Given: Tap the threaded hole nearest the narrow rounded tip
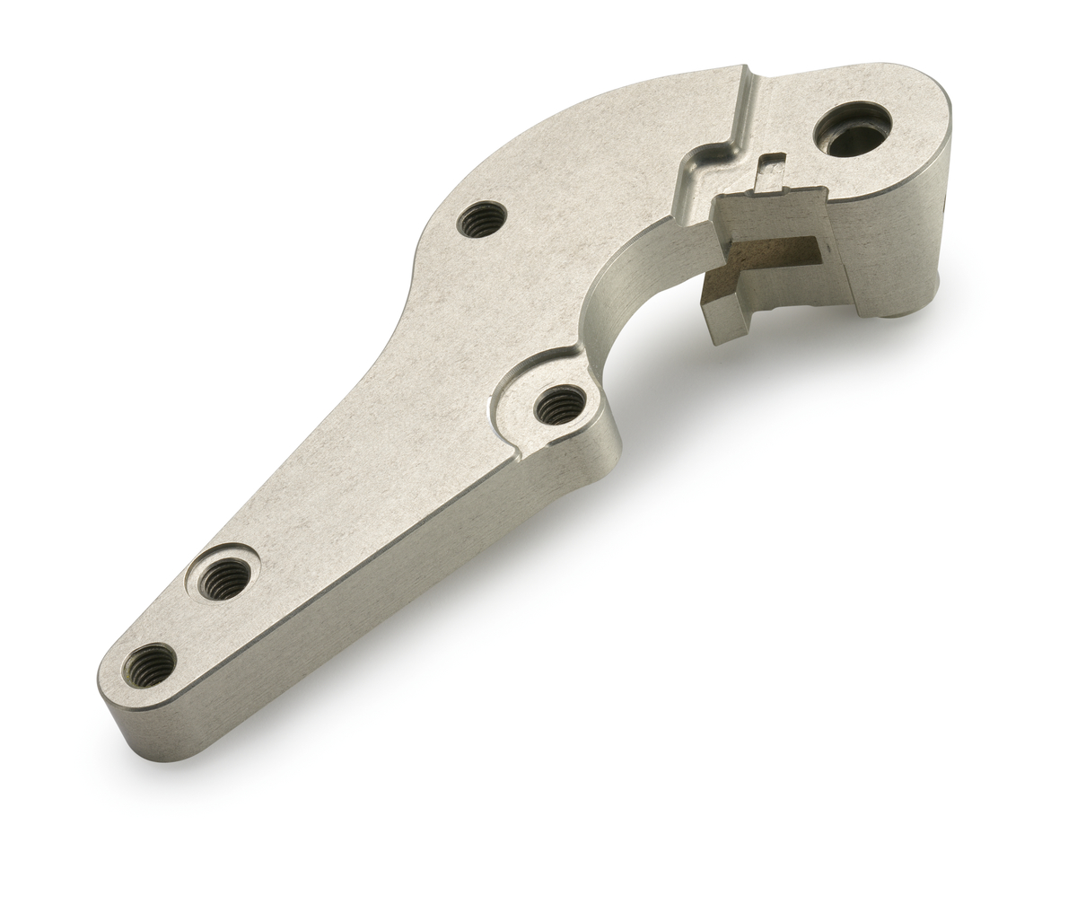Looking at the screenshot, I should point(149,665).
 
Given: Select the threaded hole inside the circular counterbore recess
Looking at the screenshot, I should point(223,578).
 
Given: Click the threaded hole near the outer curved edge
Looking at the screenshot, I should point(481,218).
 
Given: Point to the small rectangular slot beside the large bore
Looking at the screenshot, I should point(770,171).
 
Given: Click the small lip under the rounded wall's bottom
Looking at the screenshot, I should point(897,313).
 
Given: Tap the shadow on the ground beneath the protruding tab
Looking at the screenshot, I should point(718,368).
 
